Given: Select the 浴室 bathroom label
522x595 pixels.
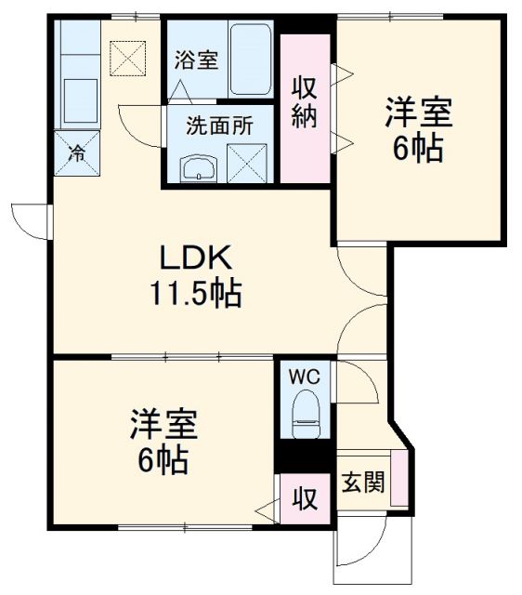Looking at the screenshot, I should click(x=195, y=59).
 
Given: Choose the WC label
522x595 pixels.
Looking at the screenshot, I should click(x=306, y=377).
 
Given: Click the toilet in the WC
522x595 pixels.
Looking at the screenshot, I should click(x=305, y=413).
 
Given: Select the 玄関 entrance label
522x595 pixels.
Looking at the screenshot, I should click(x=363, y=483).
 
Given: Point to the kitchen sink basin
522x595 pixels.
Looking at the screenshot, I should click(x=80, y=98).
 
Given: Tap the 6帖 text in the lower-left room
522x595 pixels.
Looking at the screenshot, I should click(x=163, y=460).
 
